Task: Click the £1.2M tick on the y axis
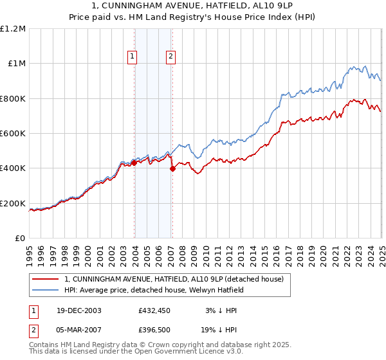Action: click(x=14, y=28)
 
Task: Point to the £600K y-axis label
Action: click(x=14, y=134)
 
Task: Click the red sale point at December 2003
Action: click(x=134, y=163)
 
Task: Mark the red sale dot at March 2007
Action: click(x=172, y=169)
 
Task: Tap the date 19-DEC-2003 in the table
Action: click(x=78, y=310)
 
